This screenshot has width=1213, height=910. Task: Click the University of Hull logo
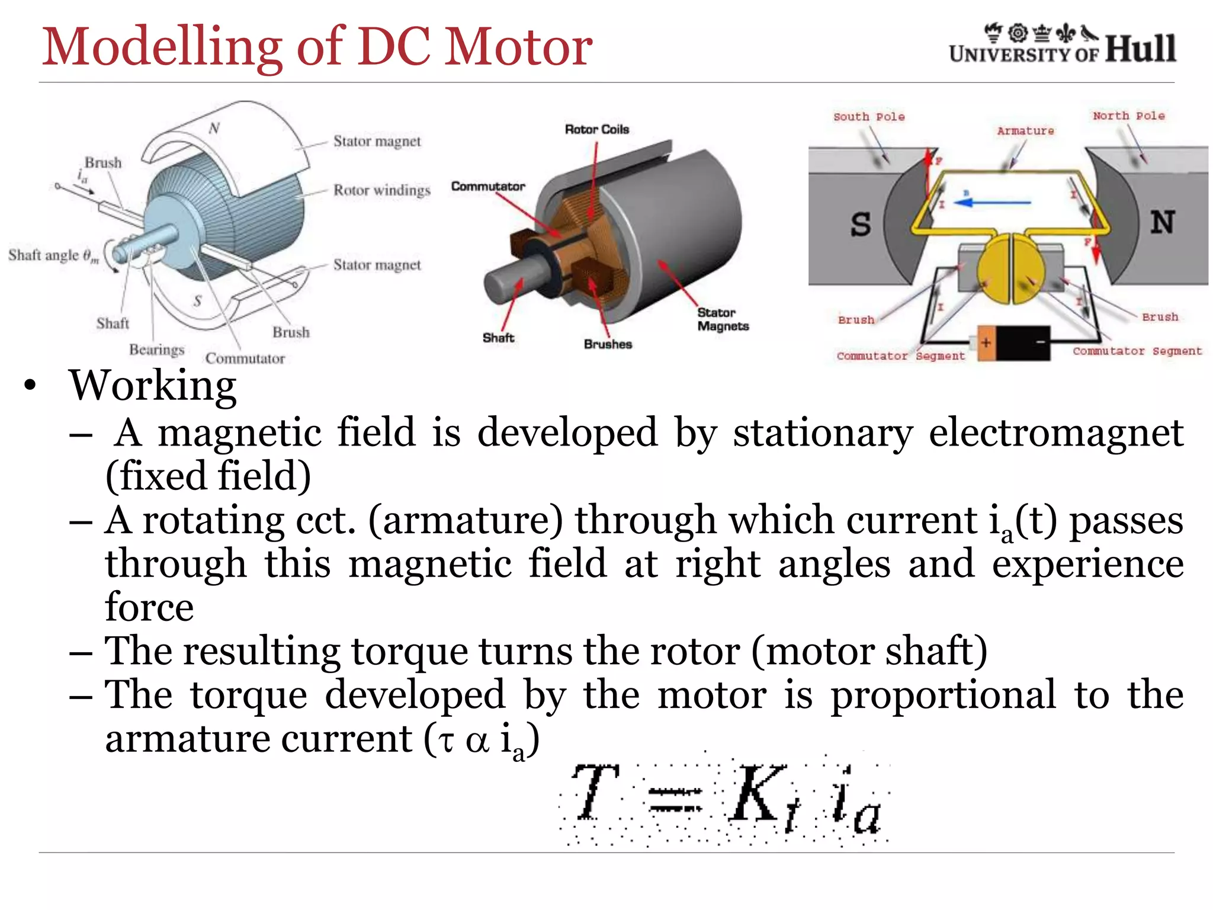[1062, 44]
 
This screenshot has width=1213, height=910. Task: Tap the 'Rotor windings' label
[382, 190]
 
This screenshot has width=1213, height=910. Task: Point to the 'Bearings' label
[157, 350]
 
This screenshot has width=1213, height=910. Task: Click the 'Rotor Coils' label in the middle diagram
[596, 129]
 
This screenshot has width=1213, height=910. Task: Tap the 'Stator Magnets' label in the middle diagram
[723, 319]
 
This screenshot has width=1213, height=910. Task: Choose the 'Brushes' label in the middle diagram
[608, 344]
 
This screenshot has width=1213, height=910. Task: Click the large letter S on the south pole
[861, 225]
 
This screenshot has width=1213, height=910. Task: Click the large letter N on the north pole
[1163, 222]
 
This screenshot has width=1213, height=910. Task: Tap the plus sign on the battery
[986, 342]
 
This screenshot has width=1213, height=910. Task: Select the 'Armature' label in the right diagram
[1025, 131]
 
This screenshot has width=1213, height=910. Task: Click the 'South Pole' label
[869, 117]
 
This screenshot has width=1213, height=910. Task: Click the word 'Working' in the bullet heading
[153, 386]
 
